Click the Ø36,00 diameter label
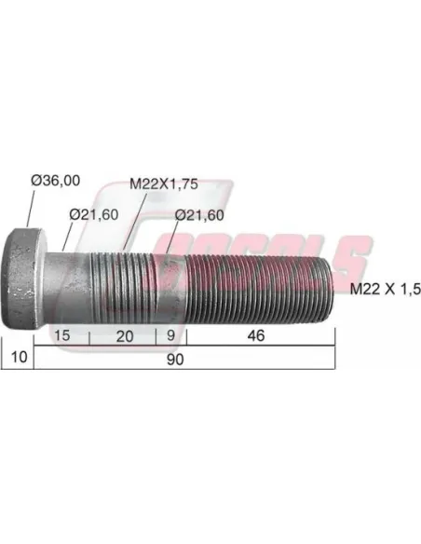coord(56,181)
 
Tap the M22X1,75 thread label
coord(164,184)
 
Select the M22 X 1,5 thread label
coord(386,289)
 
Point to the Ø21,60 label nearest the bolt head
coord(94,215)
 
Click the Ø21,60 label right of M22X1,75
coord(199,215)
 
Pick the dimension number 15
coord(62,335)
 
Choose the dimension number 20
coord(125,336)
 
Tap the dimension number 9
coord(171,335)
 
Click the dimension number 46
coord(256,335)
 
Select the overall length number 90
coord(175,360)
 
